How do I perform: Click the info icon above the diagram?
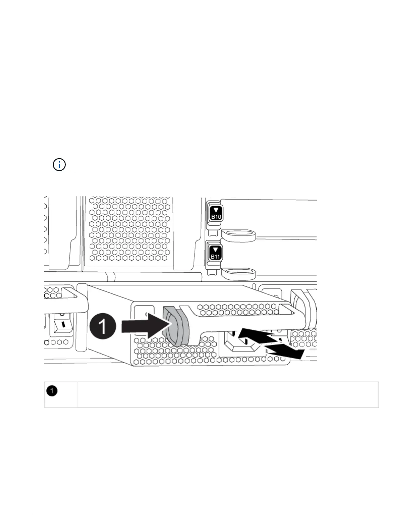59,165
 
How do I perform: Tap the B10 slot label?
216,217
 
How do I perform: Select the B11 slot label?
215,257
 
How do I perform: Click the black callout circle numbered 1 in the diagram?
103,326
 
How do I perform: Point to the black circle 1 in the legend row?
52,391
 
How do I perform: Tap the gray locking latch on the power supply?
175,326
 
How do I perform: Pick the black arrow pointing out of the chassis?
285,351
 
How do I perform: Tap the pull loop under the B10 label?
238,235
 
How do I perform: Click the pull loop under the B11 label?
238,274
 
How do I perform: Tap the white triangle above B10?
216,210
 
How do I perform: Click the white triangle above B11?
215,250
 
